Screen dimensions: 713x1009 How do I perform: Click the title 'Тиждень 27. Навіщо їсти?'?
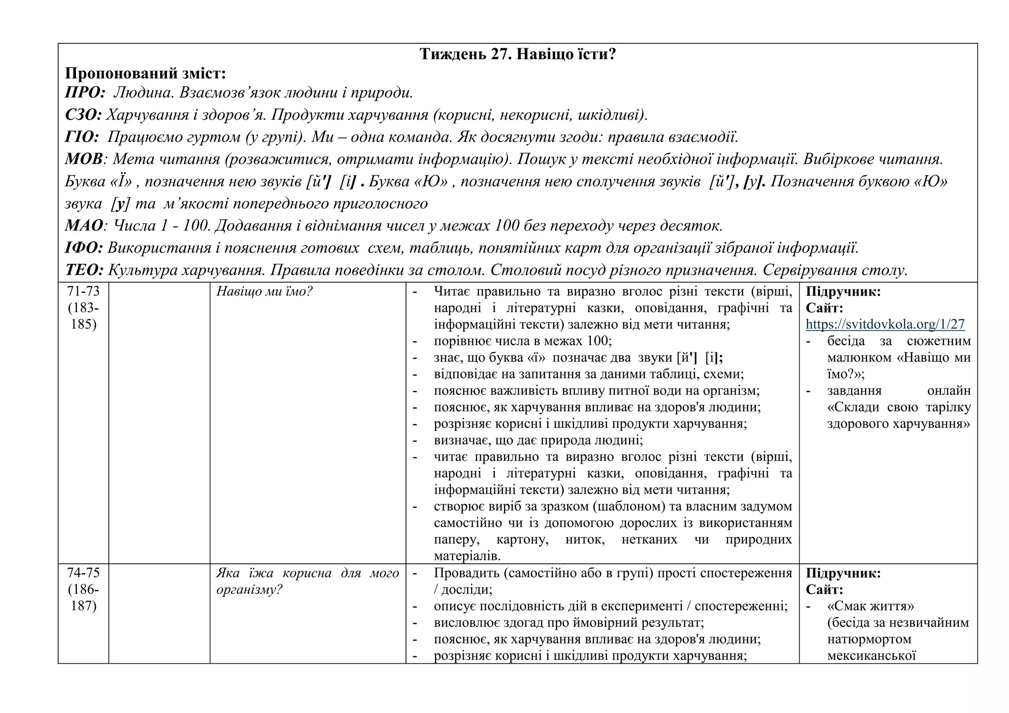pyautogui.click(x=517, y=54)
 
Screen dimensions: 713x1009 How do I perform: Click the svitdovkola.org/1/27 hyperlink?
pyautogui.click(x=885, y=324)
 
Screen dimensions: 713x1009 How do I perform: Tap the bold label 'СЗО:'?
pyautogui.click(x=83, y=115)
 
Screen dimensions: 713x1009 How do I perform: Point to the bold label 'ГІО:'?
pyautogui.click(x=82, y=137)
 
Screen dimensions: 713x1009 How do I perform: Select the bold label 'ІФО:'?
pyautogui.click(x=84, y=248)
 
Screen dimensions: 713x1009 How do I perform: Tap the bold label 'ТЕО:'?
pyautogui.click(x=84, y=270)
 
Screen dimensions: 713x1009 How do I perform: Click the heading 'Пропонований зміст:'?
pyautogui.click(x=145, y=74)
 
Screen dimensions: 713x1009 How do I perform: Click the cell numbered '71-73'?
pyautogui.click(x=83, y=292)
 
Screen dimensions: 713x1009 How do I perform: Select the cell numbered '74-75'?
pyautogui.click(x=83, y=573)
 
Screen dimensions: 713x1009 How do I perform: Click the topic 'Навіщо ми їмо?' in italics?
pyautogui.click(x=265, y=292)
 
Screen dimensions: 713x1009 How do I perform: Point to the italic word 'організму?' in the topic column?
pyautogui.click(x=249, y=590)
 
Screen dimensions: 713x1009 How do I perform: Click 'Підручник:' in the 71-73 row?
pyautogui.click(x=843, y=292)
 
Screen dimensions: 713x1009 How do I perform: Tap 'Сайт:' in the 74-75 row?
pyautogui.click(x=824, y=590)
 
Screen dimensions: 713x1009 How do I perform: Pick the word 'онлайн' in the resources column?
pyautogui.click(x=948, y=391)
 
